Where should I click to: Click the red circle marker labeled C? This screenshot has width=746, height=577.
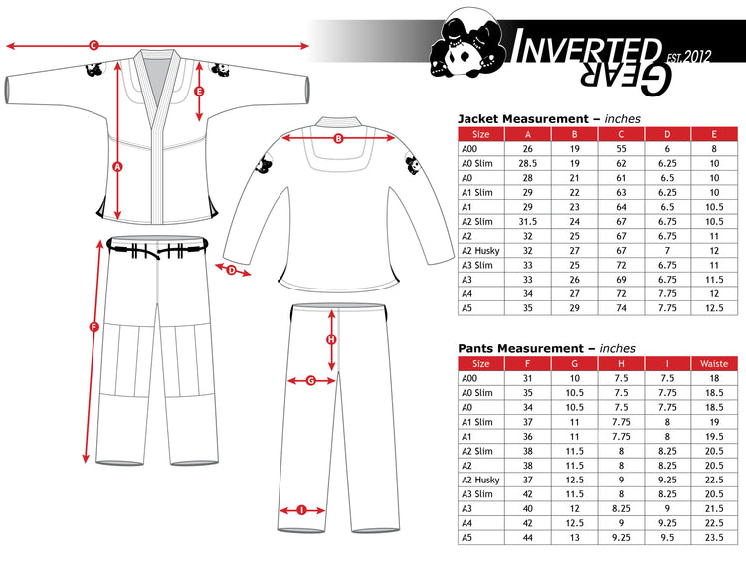pyautogui.click(x=93, y=45)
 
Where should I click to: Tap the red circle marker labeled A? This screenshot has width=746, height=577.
pyautogui.click(x=118, y=167)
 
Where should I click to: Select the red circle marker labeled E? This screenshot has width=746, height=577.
pyautogui.click(x=199, y=91)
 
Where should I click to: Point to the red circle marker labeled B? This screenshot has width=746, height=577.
pyautogui.click(x=338, y=139)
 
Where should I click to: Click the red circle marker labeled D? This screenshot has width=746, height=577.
pyautogui.click(x=232, y=270)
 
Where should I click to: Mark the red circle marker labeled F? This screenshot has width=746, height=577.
pyautogui.click(x=93, y=327)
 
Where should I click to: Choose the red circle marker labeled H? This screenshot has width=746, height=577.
pyautogui.click(x=331, y=339)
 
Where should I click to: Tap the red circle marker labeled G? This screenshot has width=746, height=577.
pyautogui.click(x=311, y=381)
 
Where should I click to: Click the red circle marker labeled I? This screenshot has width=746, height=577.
pyautogui.click(x=301, y=511)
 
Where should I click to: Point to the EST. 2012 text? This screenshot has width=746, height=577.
pyautogui.click(x=688, y=57)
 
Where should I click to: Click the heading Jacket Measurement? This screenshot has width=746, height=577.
pyautogui.click(x=523, y=119)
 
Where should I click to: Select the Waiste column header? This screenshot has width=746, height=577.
pyautogui.click(x=713, y=363)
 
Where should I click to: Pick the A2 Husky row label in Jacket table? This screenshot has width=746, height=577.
pyautogui.click(x=480, y=251)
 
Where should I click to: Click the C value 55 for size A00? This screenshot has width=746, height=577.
pyautogui.click(x=621, y=149)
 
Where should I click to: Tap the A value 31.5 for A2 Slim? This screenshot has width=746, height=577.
pyautogui.click(x=527, y=221)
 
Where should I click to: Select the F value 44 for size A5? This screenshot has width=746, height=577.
pyautogui.click(x=527, y=537)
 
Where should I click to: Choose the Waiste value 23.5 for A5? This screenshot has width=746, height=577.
pyautogui.click(x=714, y=537)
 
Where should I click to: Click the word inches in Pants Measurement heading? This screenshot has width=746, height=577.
pyautogui.click(x=617, y=348)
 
